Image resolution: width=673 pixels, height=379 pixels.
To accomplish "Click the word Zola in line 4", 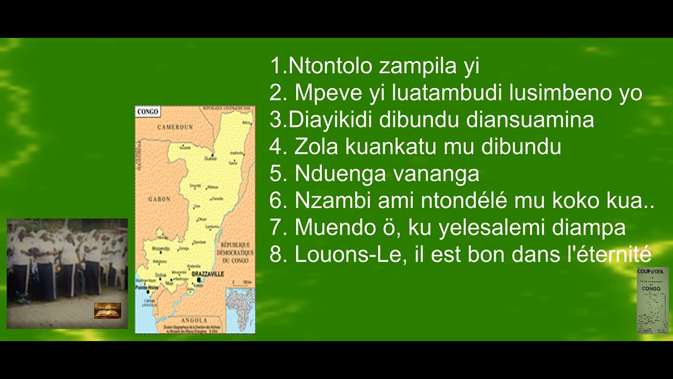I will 317,147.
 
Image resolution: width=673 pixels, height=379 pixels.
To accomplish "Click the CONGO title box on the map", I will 148,112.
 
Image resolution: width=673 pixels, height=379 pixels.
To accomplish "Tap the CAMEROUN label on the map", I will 175,127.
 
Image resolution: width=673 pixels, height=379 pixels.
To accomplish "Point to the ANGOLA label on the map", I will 194,320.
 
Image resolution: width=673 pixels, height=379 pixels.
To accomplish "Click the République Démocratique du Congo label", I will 237,253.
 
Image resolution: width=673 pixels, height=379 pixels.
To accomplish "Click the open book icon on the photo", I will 107,310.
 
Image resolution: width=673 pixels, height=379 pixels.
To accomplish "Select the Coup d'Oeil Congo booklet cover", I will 652,300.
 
